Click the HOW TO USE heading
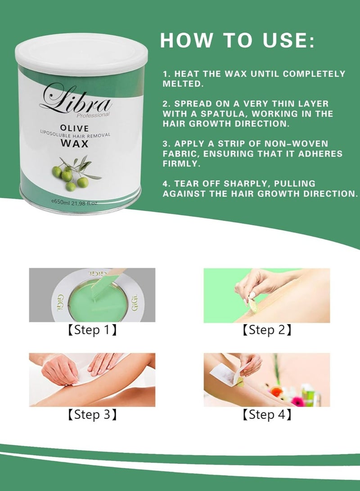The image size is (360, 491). [237, 41]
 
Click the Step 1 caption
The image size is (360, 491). [92, 330]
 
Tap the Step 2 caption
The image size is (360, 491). [266, 330]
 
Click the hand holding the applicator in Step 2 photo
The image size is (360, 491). [259, 284]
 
